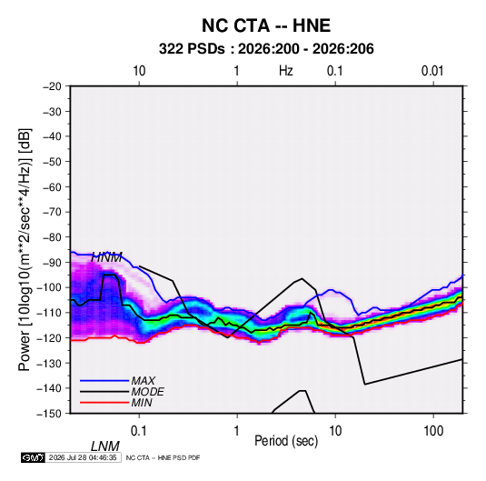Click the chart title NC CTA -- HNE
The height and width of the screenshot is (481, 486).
(266, 25)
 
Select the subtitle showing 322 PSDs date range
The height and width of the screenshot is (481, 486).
(266, 49)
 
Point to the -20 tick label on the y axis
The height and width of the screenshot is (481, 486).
(52, 86)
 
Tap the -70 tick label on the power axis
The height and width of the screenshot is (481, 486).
(52, 212)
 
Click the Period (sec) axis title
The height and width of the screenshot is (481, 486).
(286, 441)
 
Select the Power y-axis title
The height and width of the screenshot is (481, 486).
(25, 249)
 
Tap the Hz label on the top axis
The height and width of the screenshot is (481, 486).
(286, 71)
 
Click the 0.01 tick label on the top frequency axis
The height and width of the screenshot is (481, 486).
(432, 71)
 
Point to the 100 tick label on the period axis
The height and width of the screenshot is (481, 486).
(433, 431)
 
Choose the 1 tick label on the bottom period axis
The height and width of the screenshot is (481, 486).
(237, 431)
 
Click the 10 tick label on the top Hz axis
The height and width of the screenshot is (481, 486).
(139, 71)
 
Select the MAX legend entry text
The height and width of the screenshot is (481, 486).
(144, 380)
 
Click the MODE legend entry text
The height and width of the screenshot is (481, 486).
(147, 392)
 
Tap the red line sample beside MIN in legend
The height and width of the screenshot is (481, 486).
(104, 403)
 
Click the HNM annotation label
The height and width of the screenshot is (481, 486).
(106, 257)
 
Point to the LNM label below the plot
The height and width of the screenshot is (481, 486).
(104, 446)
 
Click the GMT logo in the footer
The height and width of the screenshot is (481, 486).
(34, 457)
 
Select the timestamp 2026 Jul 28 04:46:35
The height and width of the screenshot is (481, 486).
(83, 457)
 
